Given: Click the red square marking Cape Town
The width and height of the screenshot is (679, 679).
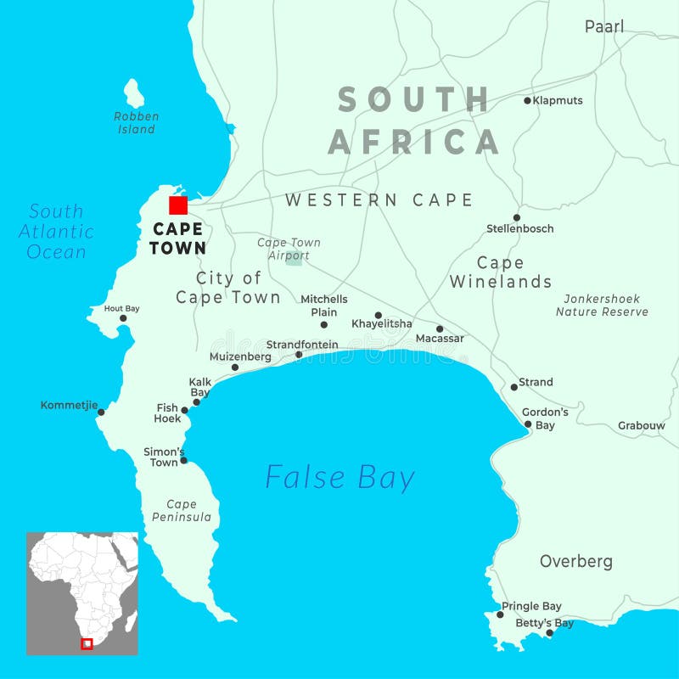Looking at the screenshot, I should click(178, 205).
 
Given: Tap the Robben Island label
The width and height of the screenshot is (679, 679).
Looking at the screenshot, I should click(137, 123).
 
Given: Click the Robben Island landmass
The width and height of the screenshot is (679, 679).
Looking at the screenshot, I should click(134, 93).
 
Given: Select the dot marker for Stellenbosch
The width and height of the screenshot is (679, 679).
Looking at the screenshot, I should click(516, 218).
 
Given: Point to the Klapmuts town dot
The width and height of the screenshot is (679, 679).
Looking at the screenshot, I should click(527, 100).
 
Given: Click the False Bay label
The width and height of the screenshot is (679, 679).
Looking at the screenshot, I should click(339, 477).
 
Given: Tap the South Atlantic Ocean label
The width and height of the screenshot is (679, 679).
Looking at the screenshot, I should click(56, 232).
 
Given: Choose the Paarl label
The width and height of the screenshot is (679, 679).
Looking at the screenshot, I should click(604, 26).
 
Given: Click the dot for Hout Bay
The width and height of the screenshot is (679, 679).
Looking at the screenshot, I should click(123, 318).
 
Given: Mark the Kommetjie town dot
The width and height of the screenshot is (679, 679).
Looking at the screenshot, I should click(101, 412).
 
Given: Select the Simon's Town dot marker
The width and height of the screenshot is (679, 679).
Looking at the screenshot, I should click(183, 460).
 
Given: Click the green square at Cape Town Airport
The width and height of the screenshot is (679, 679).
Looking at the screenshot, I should click(294, 257).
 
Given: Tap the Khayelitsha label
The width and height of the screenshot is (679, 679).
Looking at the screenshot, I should click(382, 324).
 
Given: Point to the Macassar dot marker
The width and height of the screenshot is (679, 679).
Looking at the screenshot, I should click(440, 329).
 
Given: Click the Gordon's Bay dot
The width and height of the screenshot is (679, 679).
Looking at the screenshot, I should click(528, 424).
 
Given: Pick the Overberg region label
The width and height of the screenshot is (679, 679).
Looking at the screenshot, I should click(576, 561).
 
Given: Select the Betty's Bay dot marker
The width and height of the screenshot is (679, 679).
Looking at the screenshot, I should click(549, 633).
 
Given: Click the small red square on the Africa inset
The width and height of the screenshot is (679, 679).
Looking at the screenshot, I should click(87, 643).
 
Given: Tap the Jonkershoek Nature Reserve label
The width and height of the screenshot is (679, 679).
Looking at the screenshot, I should click(602, 306).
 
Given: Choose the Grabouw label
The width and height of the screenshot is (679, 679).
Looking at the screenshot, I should click(642, 425).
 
